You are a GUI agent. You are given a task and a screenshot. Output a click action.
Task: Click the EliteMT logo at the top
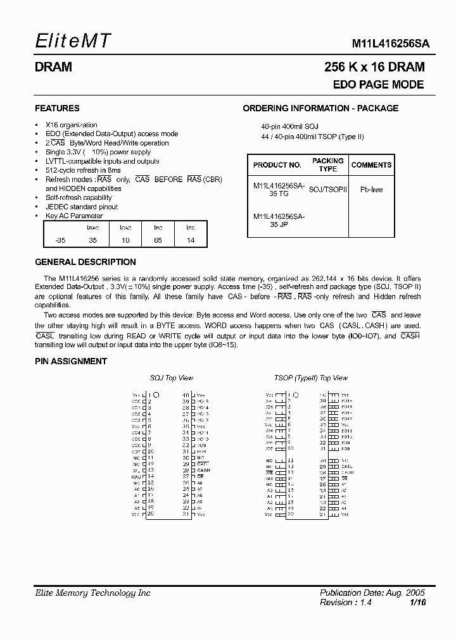(73, 42)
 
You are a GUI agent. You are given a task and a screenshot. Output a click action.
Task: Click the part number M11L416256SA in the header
(391, 44)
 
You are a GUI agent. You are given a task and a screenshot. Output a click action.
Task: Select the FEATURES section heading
(57, 108)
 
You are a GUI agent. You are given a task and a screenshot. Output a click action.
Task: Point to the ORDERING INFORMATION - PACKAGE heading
(320, 108)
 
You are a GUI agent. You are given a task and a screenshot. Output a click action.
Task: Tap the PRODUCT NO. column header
(277, 165)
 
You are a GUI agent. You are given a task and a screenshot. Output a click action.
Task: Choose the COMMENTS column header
(371, 165)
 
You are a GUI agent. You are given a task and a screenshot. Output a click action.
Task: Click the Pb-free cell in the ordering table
(371, 189)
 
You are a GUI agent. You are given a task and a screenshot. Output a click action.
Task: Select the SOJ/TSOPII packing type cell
(327, 189)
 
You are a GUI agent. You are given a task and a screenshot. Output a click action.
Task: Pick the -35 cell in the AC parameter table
(60, 240)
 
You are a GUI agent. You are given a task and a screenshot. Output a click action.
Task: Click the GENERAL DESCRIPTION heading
(85, 262)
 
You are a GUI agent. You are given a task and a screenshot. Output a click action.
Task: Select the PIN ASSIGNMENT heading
(70, 361)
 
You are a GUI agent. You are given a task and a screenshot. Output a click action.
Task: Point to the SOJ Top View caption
(171, 378)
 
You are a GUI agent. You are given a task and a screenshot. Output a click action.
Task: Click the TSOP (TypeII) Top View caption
(310, 378)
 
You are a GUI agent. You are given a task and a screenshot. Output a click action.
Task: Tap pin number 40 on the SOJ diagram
(186, 395)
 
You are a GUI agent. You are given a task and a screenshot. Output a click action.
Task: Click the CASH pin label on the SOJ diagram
(203, 471)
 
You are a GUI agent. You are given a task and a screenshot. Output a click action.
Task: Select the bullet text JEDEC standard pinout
(82, 207)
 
